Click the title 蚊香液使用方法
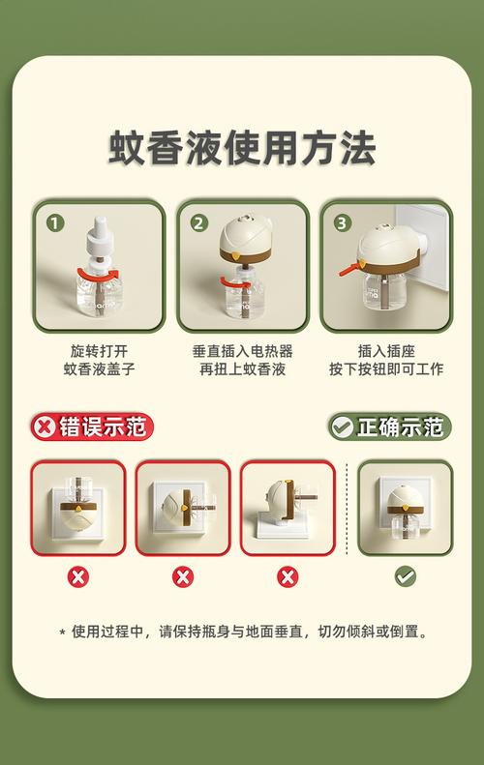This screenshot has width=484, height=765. (x=242, y=148)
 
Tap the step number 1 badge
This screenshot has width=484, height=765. (x=55, y=223)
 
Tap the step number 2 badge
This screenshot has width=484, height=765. (x=198, y=223)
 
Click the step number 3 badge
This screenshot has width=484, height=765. (x=342, y=223)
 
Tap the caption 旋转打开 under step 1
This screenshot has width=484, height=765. (x=99, y=351)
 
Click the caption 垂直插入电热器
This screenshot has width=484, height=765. (x=242, y=351)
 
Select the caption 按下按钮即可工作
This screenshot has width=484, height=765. (x=386, y=368)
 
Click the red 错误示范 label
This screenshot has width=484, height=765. (x=92, y=427)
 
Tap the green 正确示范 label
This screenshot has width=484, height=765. (x=390, y=427)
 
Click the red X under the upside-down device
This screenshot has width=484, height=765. (x=78, y=577)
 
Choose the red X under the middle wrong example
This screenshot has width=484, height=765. (x=183, y=577)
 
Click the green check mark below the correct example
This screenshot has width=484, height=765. (x=406, y=576)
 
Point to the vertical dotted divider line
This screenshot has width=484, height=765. (x=347, y=509)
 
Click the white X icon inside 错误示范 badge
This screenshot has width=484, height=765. (x=45, y=427)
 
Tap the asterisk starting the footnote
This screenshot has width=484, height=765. (x=62, y=633)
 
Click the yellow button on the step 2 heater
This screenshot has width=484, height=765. (x=236, y=254)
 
